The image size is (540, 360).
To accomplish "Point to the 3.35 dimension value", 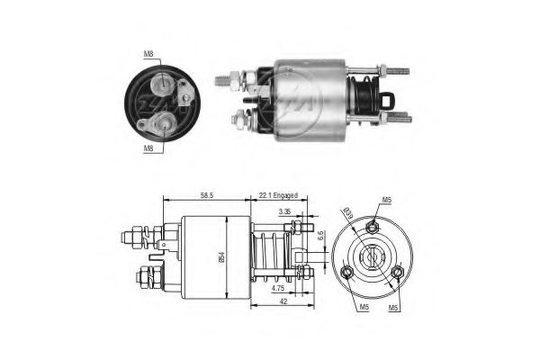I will tap(284, 212).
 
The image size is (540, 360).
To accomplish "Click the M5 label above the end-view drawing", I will tap(387, 200).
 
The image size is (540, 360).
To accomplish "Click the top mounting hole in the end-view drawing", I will tap(373, 229).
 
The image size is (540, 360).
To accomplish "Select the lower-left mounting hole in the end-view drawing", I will tap(346, 271).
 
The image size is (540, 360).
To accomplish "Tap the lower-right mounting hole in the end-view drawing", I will tap(396, 272).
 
